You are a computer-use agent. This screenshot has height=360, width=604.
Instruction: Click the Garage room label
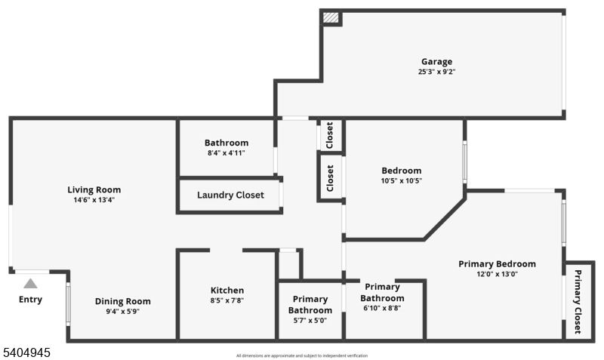coord(436,62)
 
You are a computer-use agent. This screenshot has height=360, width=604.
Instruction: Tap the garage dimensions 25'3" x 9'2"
coord(436,72)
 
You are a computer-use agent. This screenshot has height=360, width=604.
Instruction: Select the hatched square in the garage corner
coord(330,18)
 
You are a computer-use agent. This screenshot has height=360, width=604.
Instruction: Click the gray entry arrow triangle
coord(30,284)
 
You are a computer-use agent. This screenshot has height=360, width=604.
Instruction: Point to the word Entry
coord(30,300)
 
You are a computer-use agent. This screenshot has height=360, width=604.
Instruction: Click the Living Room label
coord(94,189)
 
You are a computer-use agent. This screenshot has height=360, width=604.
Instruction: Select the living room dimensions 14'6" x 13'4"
coord(94,200)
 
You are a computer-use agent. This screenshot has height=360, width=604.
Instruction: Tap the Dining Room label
coord(122,301)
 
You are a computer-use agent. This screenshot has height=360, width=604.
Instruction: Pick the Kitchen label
coord(226,291)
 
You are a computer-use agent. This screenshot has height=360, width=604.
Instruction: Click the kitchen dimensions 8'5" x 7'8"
coord(226,300)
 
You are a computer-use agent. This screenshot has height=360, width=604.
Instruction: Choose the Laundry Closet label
coord(230,195)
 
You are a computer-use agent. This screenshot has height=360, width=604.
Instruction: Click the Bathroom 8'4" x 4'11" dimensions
coord(226,152)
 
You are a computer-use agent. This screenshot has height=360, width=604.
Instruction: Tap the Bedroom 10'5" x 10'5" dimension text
coord(401,181)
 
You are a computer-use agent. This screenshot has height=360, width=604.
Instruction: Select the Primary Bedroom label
coord(497,264)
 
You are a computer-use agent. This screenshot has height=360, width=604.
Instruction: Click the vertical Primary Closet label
coord(578,302)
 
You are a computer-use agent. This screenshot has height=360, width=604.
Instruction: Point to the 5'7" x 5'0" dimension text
coord(310,320)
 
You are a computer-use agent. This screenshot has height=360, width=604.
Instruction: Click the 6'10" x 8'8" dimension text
coord(382,308)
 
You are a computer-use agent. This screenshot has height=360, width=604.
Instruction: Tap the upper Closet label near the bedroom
coord(330,136)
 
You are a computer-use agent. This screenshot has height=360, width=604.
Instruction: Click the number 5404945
coord(27,352)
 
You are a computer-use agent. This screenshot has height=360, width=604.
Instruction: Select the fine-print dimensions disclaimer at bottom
coord(302,355)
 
